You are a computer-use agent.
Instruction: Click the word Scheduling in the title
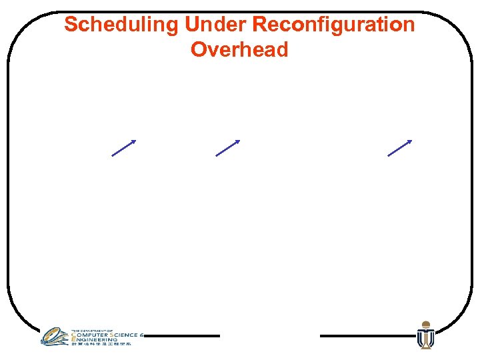(x=121, y=25)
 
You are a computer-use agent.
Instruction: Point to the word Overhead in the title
(x=239, y=50)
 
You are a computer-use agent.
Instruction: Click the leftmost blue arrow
(x=123, y=148)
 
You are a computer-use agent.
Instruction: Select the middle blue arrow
(x=227, y=148)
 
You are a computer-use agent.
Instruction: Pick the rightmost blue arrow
(x=399, y=148)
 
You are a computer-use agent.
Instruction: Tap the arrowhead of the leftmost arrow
(x=133, y=141)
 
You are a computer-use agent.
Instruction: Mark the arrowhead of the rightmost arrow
(x=409, y=141)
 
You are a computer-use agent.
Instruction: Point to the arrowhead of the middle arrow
(x=237, y=141)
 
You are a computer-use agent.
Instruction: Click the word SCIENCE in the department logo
(x=126, y=335)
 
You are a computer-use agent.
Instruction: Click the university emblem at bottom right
(x=425, y=337)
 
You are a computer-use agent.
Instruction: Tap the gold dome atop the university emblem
(x=425, y=325)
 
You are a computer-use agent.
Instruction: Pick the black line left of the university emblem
(x=367, y=336)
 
